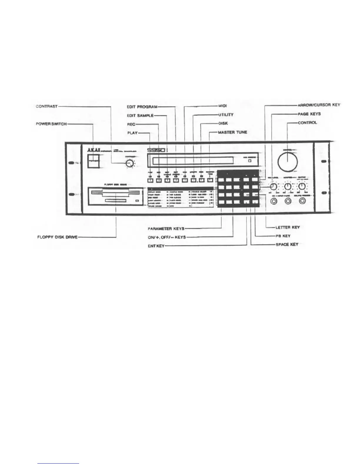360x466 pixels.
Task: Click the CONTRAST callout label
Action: [46, 106]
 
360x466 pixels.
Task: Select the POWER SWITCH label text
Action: [49, 124]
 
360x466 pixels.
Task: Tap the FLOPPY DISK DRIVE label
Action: [57, 237]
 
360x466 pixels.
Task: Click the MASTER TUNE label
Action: [232, 132]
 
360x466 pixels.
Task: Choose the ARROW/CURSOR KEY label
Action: [319, 105]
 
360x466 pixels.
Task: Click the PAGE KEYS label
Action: [309, 114]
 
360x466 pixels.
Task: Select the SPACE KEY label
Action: [287, 244]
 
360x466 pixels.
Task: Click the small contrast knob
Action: [129, 164]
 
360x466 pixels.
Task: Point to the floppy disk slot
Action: [115, 193]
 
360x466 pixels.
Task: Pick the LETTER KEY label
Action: [288, 227]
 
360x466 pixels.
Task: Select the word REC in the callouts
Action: [131, 124]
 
